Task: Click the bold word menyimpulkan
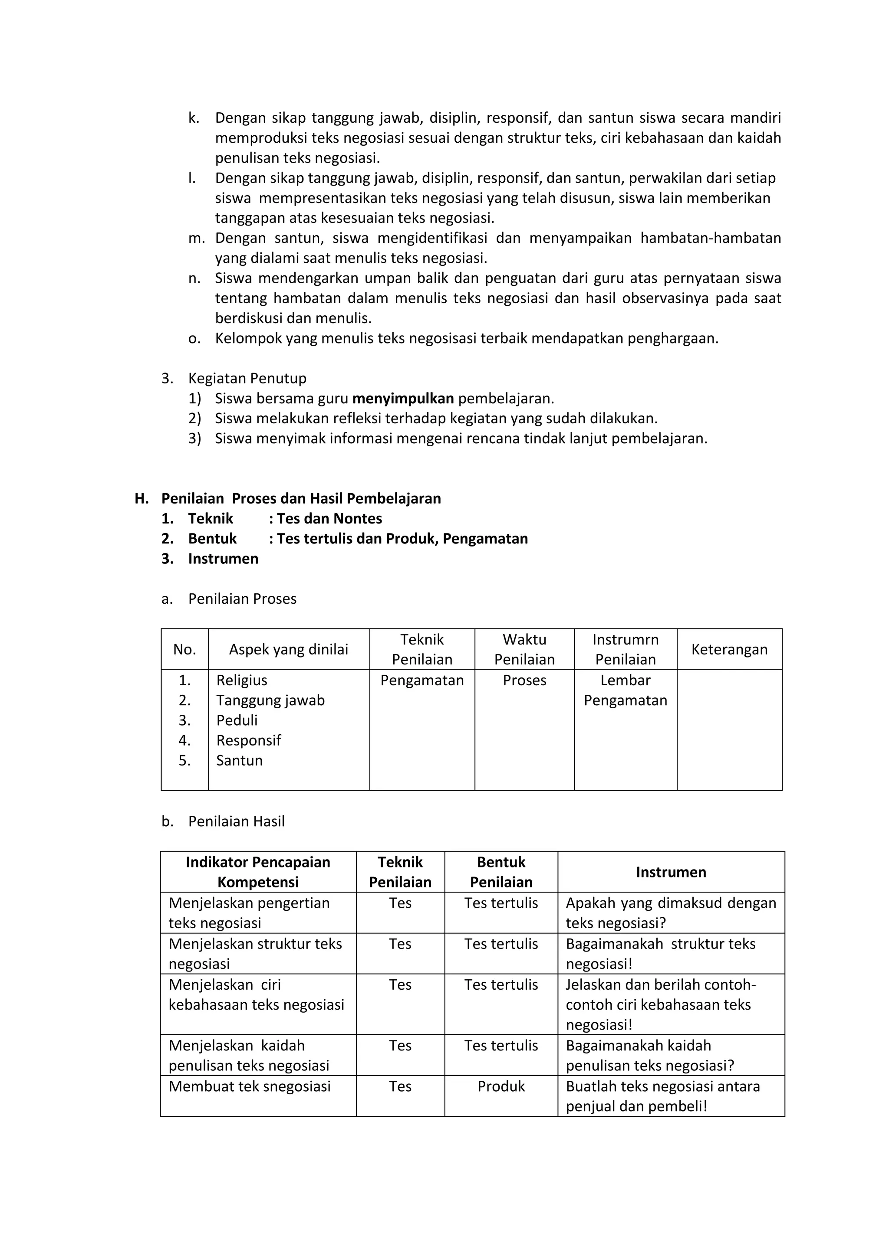403,398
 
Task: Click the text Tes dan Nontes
329,519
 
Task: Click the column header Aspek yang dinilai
289,649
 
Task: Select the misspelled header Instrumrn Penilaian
625,649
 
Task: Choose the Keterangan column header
729,649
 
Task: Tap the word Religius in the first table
241,680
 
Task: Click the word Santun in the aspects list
239,760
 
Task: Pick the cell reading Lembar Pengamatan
625,690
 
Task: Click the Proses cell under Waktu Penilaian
524,680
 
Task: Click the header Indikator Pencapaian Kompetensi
258,872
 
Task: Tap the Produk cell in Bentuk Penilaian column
501,1086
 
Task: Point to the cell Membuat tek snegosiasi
250,1086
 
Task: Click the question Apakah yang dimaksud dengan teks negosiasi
671,913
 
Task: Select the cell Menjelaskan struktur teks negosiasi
255,953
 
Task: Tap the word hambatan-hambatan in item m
711,238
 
